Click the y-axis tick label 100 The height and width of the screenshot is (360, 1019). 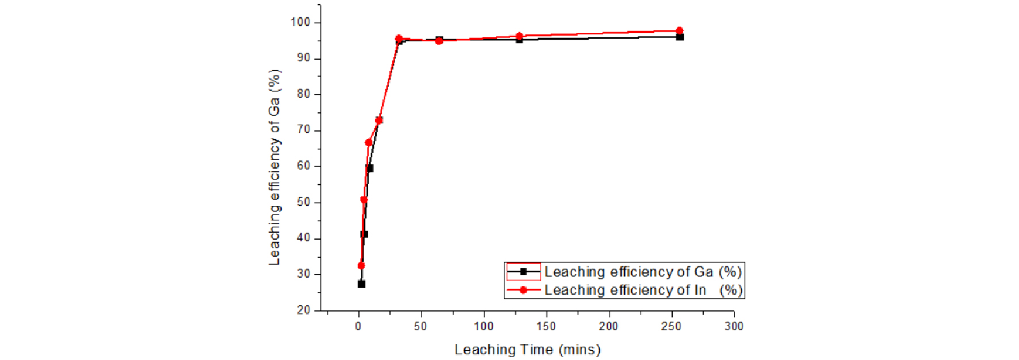point(300,22)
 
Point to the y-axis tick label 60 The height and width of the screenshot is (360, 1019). point(303,166)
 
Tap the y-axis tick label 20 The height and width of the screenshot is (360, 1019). point(303,310)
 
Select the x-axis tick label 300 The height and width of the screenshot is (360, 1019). point(734,327)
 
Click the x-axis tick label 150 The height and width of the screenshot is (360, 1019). point(546,327)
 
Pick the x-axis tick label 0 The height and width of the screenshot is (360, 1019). point(358,327)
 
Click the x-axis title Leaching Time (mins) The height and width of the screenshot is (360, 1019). point(527,350)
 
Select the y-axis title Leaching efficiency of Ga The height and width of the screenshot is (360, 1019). point(275,167)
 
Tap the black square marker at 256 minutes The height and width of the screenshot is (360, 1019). point(680,37)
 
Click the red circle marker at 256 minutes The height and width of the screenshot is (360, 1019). point(680,30)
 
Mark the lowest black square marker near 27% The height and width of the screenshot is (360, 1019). point(361,284)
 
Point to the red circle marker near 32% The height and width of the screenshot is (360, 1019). point(361,266)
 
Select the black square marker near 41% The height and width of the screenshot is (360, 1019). point(364,234)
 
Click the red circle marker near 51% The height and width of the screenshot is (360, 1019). point(363,200)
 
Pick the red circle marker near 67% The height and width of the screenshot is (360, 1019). point(368,143)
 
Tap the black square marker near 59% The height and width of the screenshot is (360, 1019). point(370,168)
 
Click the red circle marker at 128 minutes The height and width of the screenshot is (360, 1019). point(519,36)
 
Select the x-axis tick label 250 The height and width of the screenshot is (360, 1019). point(671,327)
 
